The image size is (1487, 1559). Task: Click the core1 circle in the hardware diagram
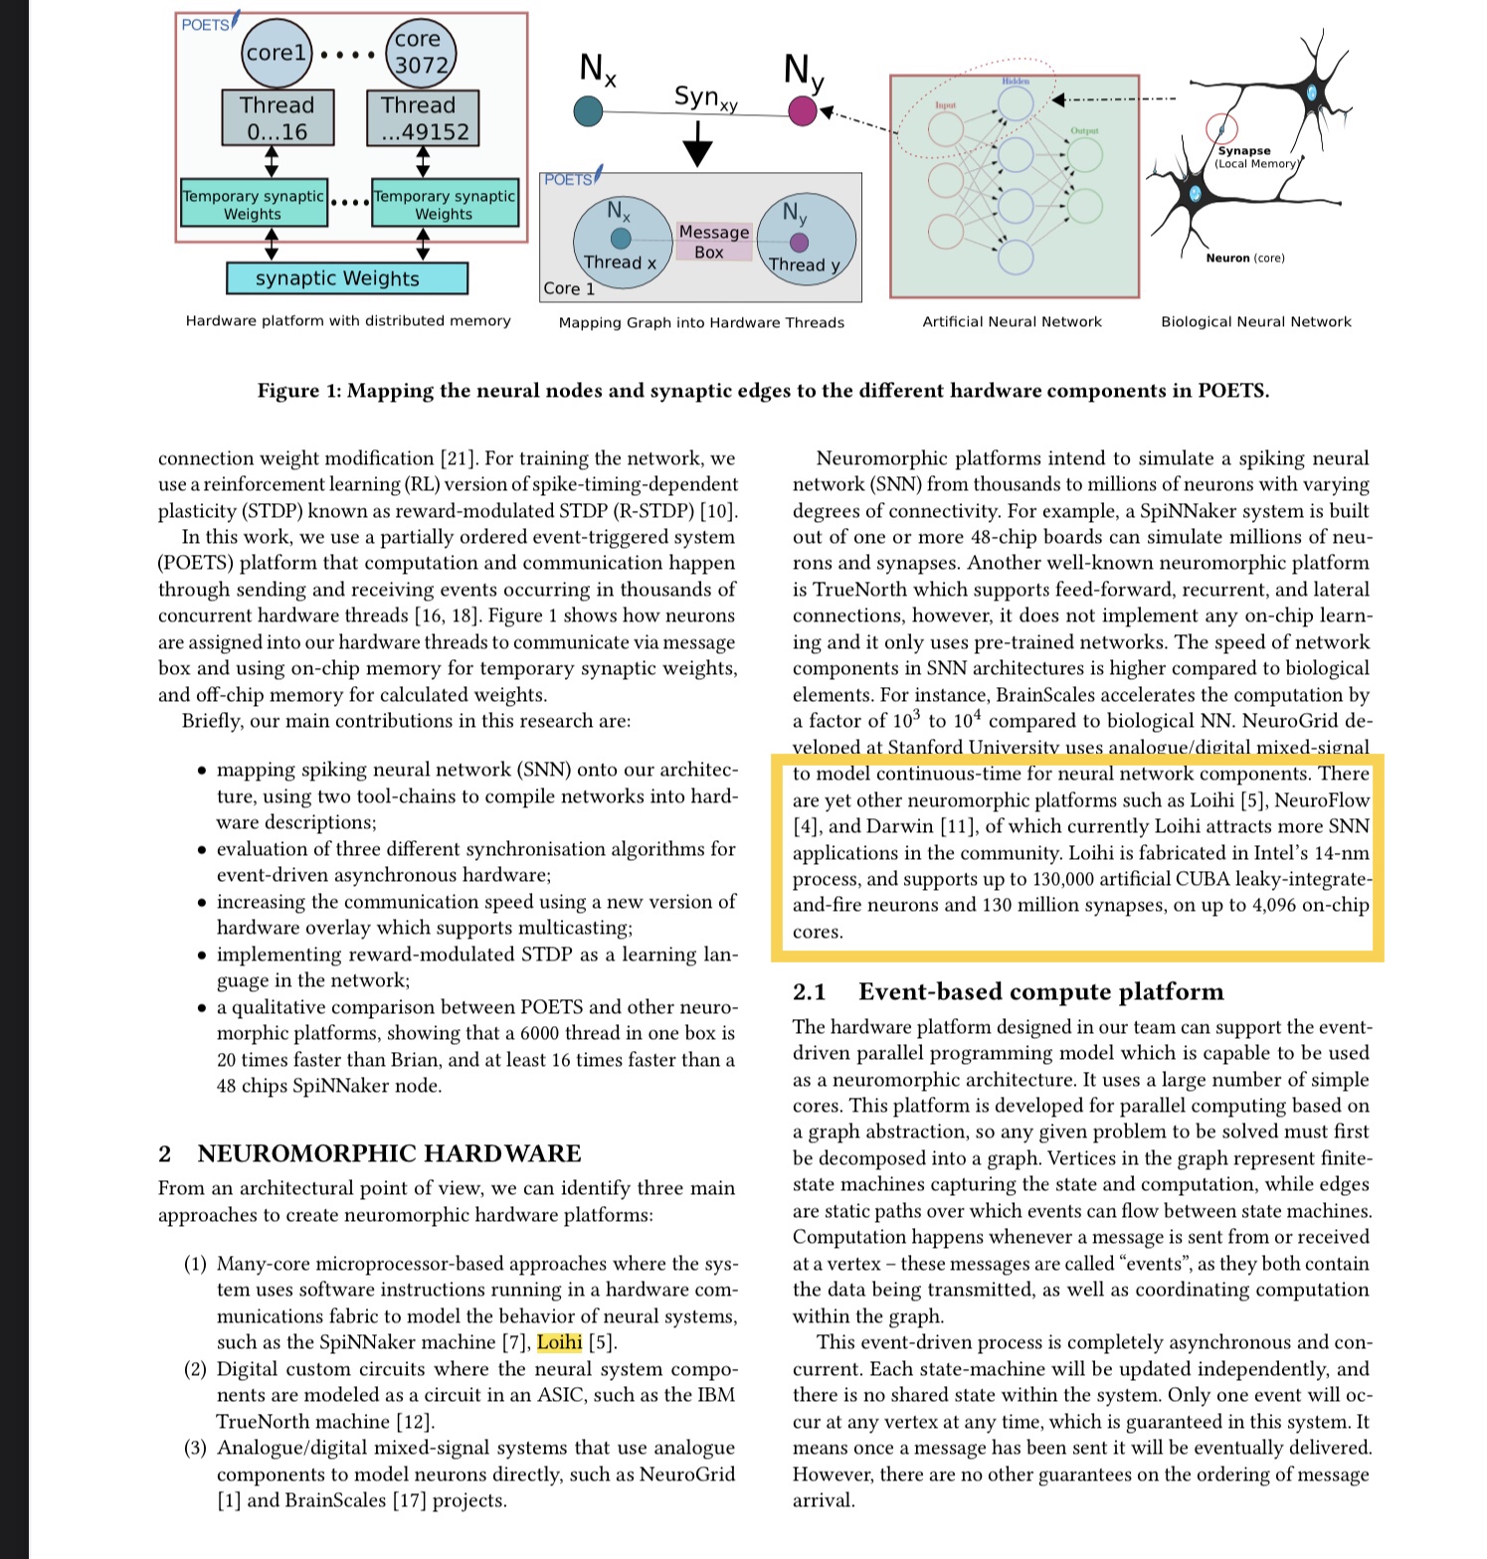[277, 53]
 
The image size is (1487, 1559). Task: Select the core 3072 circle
[419, 53]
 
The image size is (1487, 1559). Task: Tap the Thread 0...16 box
[278, 118]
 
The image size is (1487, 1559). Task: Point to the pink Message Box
[713, 242]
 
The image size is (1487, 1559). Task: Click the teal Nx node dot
[588, 111]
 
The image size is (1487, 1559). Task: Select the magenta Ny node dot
[803, 110]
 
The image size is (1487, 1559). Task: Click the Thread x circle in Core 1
[621, 245]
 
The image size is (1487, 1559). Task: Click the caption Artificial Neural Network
[1012, 322]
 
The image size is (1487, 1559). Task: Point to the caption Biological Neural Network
[1255, 322]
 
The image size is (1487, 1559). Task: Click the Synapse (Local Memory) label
[1253, 157]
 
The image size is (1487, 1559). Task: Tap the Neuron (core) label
[1244, 259]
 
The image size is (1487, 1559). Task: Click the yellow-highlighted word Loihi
[559, 1342]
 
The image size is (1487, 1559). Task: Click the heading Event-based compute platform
[1040, 991]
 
